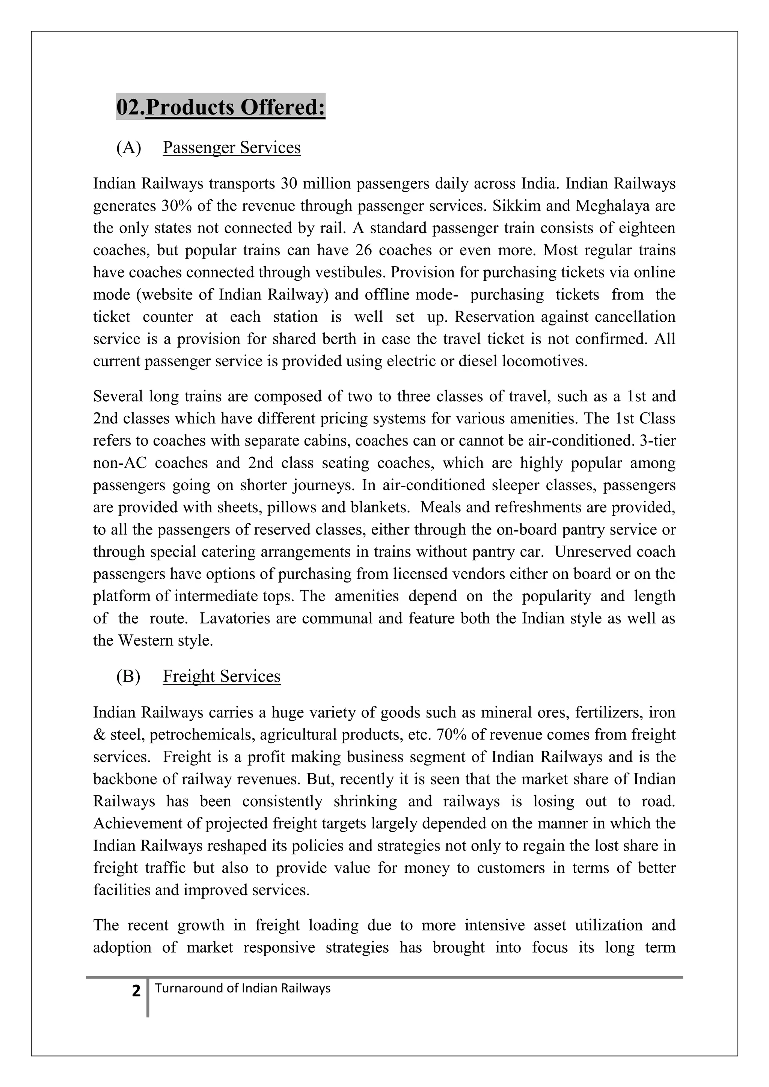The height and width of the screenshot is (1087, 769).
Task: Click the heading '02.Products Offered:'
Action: click(221, 107)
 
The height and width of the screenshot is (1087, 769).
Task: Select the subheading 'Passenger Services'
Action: click(232, 148)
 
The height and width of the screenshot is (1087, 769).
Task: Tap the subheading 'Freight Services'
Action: click(222, 676)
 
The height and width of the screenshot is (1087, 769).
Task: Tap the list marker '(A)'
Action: click(129, 148)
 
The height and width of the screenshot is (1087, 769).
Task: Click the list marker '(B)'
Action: click(128, 676)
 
